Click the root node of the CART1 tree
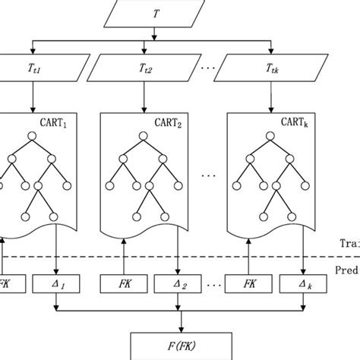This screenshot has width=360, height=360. point(31,137)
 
